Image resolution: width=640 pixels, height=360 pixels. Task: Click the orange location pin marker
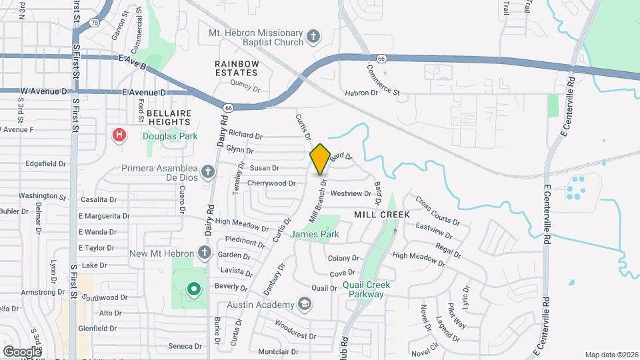320,159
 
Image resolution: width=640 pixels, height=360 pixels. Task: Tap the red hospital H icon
119,135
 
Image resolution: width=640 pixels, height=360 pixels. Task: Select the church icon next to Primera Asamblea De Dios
208,172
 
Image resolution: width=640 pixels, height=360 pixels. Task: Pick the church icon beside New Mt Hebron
205,253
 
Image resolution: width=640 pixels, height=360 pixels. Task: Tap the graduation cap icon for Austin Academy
305,305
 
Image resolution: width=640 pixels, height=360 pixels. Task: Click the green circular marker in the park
193,289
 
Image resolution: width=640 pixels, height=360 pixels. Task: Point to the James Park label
315,234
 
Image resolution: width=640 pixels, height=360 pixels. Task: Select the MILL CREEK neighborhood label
382,215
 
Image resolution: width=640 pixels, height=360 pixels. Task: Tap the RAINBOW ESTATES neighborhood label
237,67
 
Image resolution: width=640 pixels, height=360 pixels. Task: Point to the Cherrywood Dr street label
271,183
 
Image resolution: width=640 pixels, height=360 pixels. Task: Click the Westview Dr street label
350,193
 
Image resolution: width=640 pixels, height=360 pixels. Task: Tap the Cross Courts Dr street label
437,210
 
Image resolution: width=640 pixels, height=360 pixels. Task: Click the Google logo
22,351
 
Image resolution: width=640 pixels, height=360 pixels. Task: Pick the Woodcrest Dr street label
289,331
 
